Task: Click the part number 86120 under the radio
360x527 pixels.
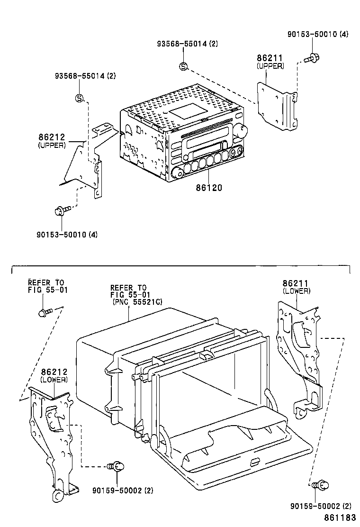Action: (209, 188)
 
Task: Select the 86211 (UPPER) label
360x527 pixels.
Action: (270, 62)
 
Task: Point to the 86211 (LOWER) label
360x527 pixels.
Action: (296, 287)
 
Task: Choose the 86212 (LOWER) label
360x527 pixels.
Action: (54, 375)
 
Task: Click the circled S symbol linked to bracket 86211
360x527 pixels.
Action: (183, 66)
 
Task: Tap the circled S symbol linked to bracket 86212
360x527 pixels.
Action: (80, 98)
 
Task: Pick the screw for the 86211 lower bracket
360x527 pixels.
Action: (321, 485)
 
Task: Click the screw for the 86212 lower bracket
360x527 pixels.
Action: (115, 467)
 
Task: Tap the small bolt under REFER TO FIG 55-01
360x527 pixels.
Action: (43, 313)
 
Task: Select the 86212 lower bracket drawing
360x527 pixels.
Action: (52, 436)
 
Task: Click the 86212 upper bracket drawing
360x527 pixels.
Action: (88, 164)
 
